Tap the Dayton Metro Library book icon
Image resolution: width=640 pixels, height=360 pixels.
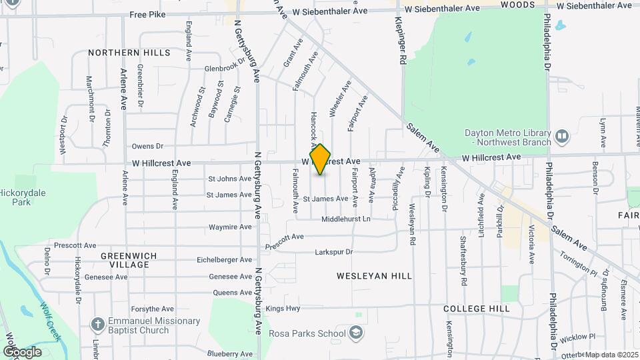tap(562, 137)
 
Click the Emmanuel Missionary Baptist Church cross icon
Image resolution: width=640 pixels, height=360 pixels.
tap(98, 325)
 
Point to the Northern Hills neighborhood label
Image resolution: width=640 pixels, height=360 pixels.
tap(129, 53)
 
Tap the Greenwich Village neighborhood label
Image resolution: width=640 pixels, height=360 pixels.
tap(125, 260)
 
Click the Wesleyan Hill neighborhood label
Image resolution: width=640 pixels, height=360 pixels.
tap(374, 275)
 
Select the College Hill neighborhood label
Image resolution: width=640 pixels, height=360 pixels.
tap(476, 309)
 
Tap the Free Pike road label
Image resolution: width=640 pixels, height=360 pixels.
tap(147, 14)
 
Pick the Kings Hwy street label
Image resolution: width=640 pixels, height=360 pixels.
tap(283, 309)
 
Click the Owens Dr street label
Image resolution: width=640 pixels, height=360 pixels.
tap(147, 146)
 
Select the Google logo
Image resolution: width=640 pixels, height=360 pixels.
tap(22, 351)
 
